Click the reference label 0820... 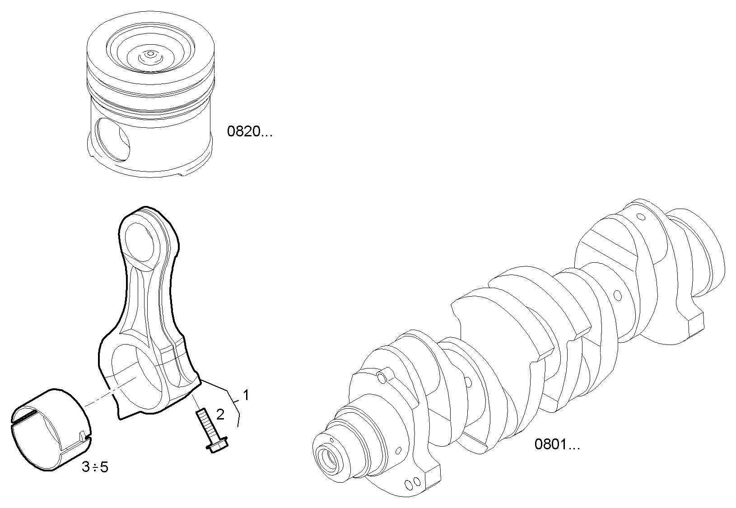249,132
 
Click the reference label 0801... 557,445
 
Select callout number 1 246,396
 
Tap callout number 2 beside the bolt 220,415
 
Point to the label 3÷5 95,467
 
